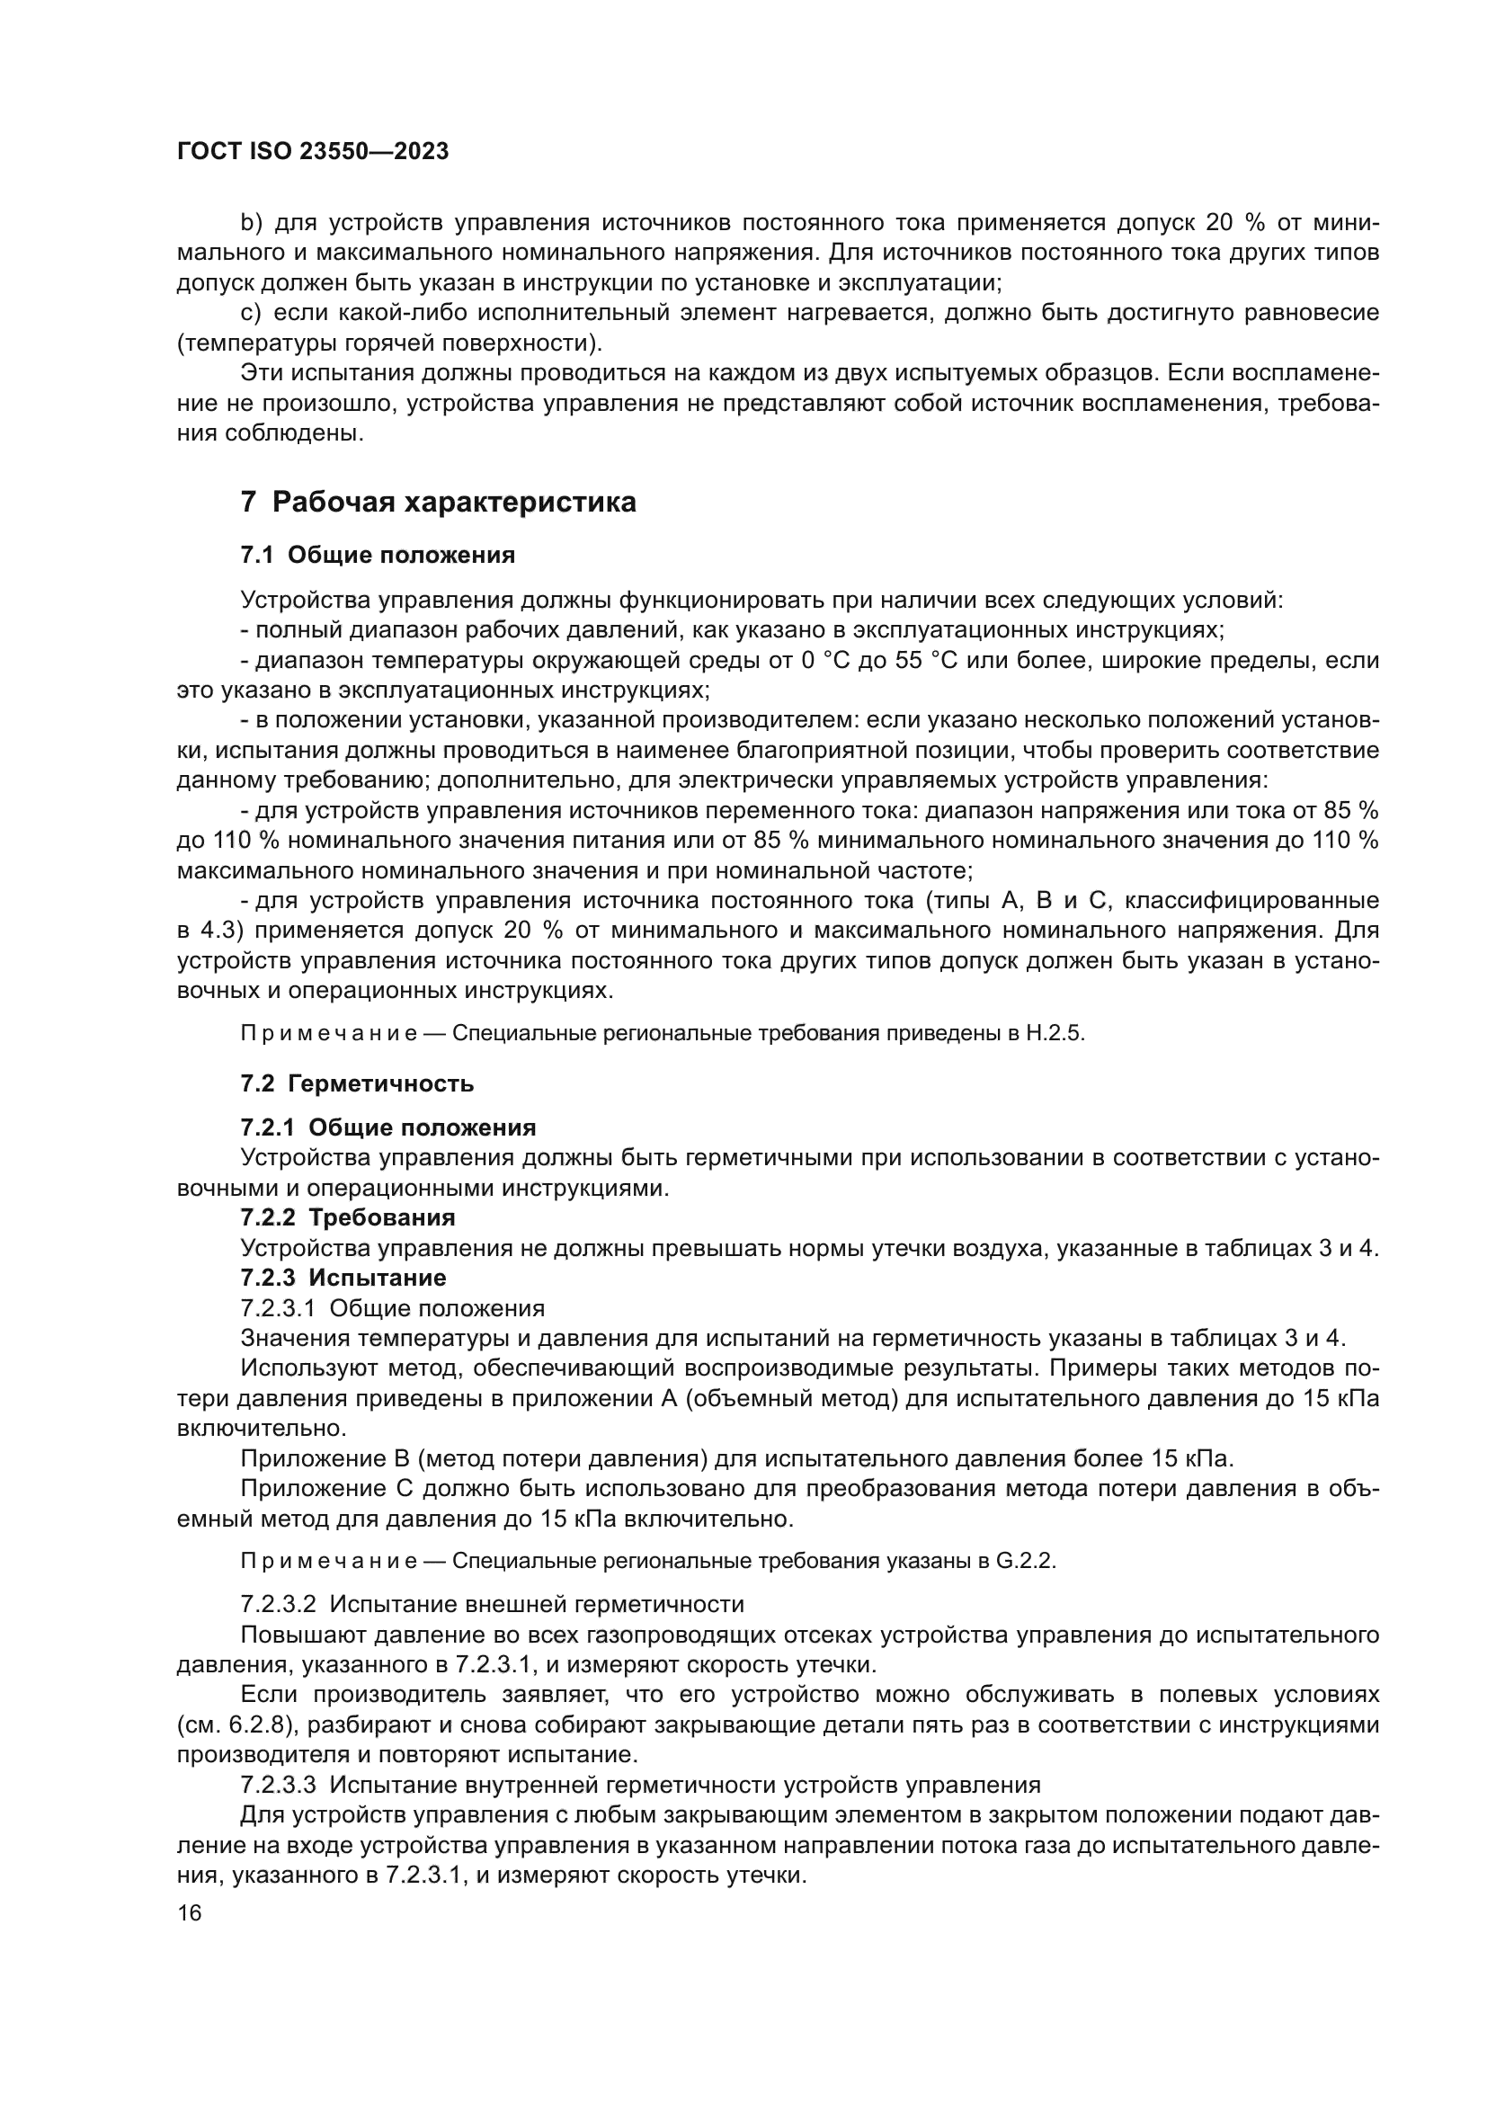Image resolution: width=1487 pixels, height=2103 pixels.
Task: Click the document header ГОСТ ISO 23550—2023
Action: click(312, 152)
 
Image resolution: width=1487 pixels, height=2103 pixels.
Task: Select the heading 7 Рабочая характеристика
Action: click(438, 502)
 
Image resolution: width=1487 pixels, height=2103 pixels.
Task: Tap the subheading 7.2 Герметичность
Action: click(357, 1083)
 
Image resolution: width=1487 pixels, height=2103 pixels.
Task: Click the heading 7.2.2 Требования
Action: click(348, 1217)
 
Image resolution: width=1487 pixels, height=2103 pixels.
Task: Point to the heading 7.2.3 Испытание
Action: click(343, 1278)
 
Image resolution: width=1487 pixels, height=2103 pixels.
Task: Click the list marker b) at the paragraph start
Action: click(251, 223)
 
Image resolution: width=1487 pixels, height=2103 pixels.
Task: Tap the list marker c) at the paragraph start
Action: click(251, 313)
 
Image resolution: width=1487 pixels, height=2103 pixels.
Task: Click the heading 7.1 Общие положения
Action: click(378, 555)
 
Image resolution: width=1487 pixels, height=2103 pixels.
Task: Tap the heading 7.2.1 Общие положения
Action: click(388, 1127)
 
